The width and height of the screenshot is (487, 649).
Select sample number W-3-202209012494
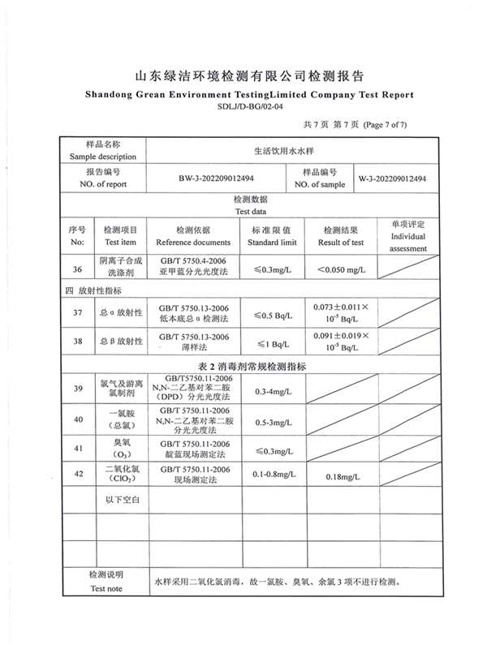click(x=393, y=178)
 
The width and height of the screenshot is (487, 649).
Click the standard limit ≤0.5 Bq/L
click(x=274, y=315)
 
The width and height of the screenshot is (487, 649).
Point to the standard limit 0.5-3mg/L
click(x=274, y=423)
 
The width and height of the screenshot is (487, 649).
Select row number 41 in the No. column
click(x=77, y=448)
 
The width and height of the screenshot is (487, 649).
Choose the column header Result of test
click(x=341, y=242)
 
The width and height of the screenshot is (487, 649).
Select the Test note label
click(x=106, y=588)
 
